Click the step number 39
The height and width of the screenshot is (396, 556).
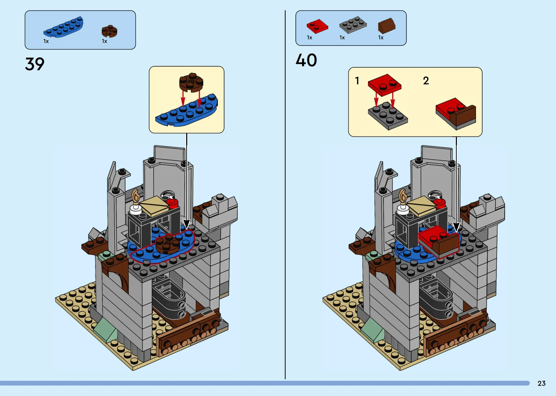tap(35, 64)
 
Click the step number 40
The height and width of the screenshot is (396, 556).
tap(306, 60)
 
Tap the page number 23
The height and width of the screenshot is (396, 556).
tap(541, 383)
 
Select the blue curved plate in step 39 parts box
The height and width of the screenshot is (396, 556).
tap(63, 27)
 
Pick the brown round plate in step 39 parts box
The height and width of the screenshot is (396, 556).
tap(109, 31)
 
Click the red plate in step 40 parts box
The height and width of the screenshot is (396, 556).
tap(317, 26)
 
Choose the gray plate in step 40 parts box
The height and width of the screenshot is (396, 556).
tap(353, 25)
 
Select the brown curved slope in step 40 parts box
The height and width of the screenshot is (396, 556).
tap(387, 26)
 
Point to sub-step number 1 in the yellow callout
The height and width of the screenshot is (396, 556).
tap(357, 81)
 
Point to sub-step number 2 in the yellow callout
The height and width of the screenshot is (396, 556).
tap(426, 81)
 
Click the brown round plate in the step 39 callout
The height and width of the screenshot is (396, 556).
tap(191, 82)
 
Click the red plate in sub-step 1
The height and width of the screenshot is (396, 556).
tap(384, 85)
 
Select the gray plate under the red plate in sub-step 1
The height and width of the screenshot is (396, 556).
tap(388, 116)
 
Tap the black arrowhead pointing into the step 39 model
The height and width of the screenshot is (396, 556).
tap(186, 224)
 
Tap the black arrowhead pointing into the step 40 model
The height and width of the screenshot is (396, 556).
tap(456, 227)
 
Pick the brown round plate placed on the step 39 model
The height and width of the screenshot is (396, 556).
tap(168, 244)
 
